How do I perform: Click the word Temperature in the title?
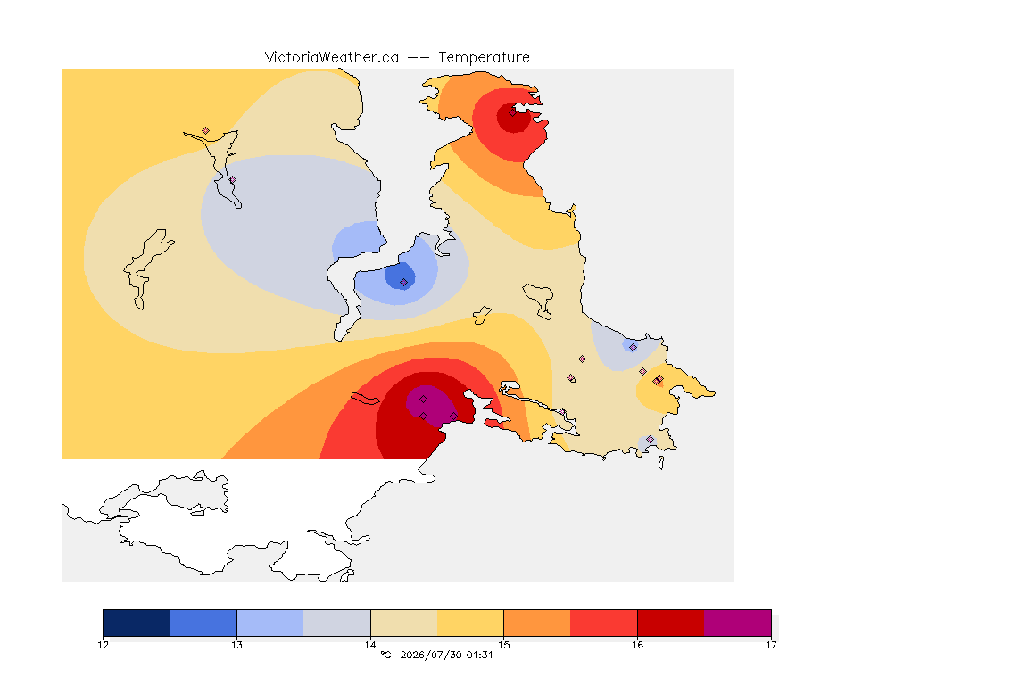coord(484,58)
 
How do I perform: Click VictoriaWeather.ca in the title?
coord(332,58)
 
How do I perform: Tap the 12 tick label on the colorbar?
coord(103,645)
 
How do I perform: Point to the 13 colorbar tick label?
coord(236,645)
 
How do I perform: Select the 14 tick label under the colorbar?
coord(370,645)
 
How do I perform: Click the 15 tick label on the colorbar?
coord(503,645)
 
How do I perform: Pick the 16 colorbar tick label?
coord(637,645)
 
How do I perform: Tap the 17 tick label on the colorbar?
coord(771,645)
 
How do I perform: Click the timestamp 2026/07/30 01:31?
coord(446,655)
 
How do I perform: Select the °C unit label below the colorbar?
coord(385,655)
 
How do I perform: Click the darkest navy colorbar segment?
coord(137,623)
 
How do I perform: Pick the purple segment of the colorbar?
coord(738,623)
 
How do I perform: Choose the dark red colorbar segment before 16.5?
coord(671,623)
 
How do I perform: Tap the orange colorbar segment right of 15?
coord(537,623)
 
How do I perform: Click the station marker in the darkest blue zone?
coord(404,283)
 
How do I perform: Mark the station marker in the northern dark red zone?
coord(513,112)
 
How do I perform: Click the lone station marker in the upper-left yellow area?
coord(206,131)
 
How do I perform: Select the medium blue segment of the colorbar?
coord(203,623)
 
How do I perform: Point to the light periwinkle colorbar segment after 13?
coord(270,623)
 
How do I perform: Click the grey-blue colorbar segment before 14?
coord(337,623)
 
